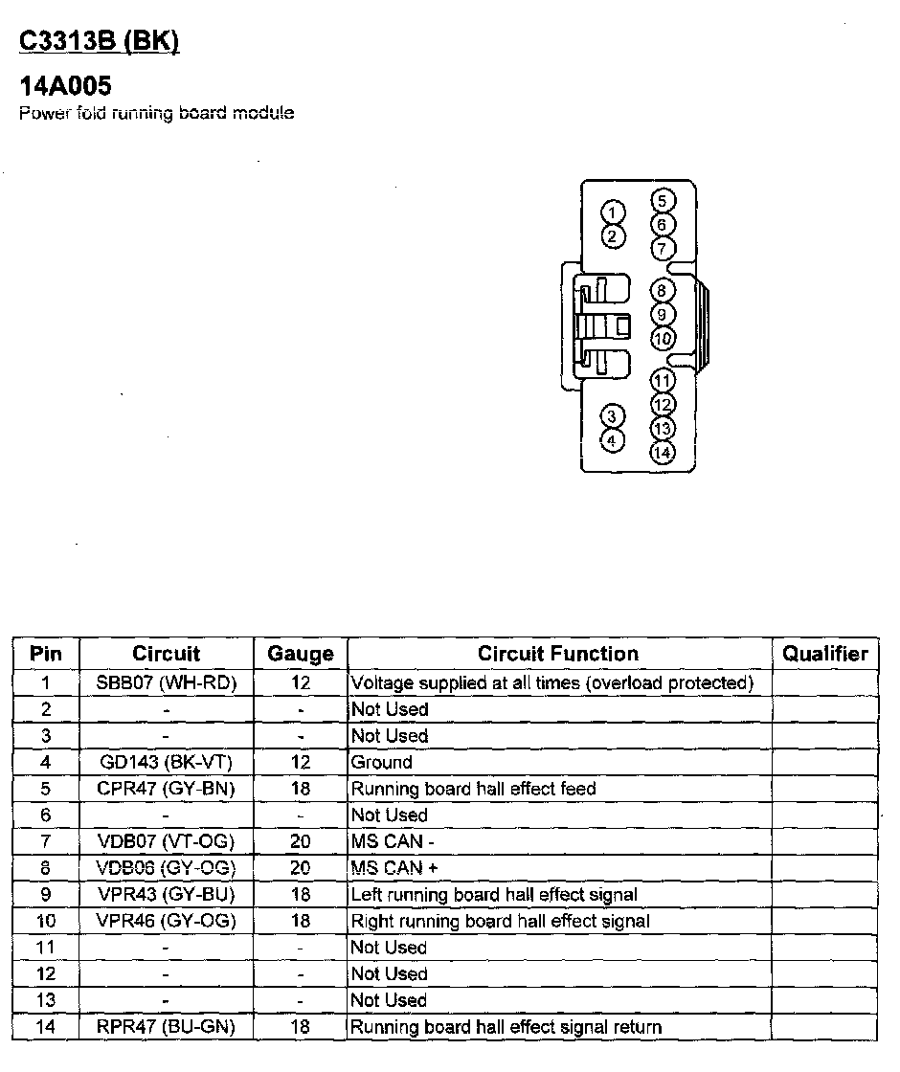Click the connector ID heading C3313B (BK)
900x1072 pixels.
pyautogui.click(x=100, y=42)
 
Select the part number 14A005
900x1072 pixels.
pyautogui.click(x=65, y=86)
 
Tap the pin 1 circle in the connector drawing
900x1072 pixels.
pyautogui.click(x=614, y=212)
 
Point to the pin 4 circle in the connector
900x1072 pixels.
pyautogui.click(x=613, y=440)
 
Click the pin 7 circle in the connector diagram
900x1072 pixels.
pyautogui.click(x=663, y=249)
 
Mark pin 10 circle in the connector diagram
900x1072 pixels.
pyautogui.click(x=663, y=338)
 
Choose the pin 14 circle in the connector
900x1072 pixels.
pyautogui.click(x=662, y=453)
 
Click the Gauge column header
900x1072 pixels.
pyautogui.click(x=301, y=654)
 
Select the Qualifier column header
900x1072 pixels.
pyautogui.click(x=824, y=654)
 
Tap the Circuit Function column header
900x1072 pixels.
pyautogui.click(x=558, y=654)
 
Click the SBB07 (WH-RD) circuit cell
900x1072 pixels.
pyautogui.click(x=167, y=683)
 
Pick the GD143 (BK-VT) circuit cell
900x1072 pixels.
pyautogui.click(x=167, y=763)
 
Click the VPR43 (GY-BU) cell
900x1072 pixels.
pyautogui.click(x=167, y=895)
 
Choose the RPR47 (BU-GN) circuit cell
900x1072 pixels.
pyautogui.click(x=167, y=1027)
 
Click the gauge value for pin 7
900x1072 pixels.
pyautogui.click(x=301, y=841)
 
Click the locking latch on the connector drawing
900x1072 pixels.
pyautogui.click(x=603, y=325)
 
